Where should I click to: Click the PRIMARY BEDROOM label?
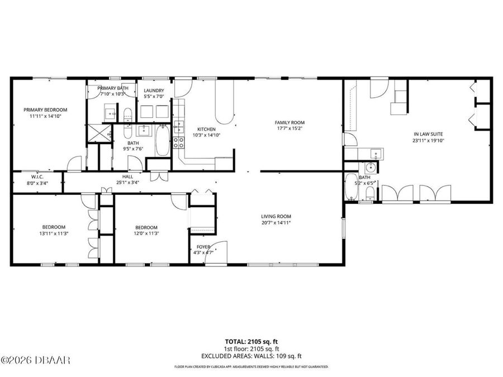click(45, 109)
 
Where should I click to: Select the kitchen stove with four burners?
click(179, 142)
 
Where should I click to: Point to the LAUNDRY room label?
click(154, 90)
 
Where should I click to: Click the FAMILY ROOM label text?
click(289, 122)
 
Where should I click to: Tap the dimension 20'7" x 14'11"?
click(276, 223)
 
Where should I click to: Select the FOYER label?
click(203, 246)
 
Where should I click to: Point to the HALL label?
click(128, 176)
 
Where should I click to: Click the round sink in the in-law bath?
click(369, 168)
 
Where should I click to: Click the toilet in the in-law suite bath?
click(369, 193)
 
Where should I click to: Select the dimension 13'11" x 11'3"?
click(54, 234)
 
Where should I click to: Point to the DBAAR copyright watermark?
click(36, 360)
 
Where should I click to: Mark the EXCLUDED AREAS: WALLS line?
click(251, 356)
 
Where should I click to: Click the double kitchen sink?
click(179, 126)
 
